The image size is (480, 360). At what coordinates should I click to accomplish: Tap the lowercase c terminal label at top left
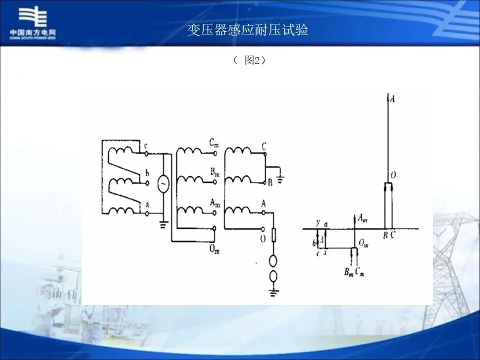coord(145,146)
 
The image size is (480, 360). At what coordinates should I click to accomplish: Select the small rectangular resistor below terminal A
coord(273,235)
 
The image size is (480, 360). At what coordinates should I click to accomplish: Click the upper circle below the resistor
coord(273,260)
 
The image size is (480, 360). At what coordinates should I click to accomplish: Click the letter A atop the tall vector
coord(392,99)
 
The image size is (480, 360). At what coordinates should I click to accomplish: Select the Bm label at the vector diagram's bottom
coord(347,273)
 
